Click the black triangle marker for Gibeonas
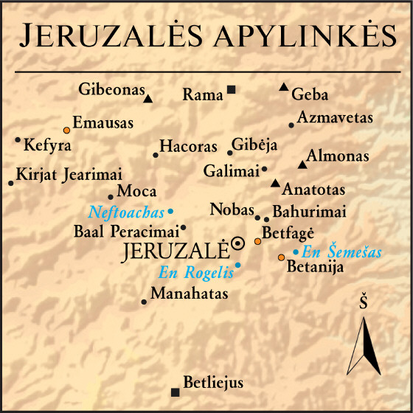point(148,98)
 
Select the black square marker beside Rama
point(231,90)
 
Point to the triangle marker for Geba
point(283,87)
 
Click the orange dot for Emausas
point(66,129)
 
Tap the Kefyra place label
point(47,145)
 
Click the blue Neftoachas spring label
point(126,212)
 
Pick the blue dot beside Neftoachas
point(170,212)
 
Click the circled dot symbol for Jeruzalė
point(237,243)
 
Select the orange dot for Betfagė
point(257,241)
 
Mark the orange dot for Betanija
point(281,257)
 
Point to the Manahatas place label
point(190,294)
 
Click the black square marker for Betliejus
point(175,392)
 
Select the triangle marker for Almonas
point(302,164)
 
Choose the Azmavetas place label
point(335,118)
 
